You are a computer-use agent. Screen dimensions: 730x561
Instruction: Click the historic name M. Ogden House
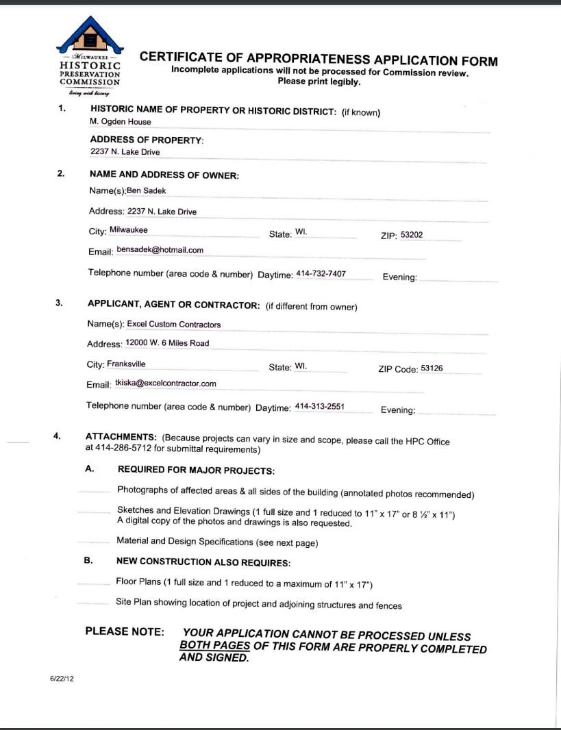click(x=121, y=122)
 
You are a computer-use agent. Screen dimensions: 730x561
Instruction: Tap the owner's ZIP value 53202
click(x=412, y=235)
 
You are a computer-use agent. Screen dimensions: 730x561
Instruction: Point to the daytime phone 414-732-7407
click(x=321, y=274)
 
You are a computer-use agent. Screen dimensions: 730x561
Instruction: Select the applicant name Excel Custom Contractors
click(x=174, y=324)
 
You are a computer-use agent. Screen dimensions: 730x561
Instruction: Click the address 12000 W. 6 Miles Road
click(x=167, y=342)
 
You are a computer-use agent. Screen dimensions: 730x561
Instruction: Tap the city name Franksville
click(x=126, y=364)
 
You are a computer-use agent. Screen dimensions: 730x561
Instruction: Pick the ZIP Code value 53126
click(x=432, y=368)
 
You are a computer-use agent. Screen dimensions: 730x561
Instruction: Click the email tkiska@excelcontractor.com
click(x=166, y=383)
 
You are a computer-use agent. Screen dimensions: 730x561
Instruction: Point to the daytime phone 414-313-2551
click(x=319, y=407)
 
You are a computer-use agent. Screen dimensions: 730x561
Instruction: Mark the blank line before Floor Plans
click(x=93, y=584)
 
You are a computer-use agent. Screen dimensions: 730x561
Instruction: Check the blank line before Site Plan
click(x=93, y=604)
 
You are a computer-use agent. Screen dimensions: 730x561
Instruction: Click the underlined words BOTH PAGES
click(x=214, y=646)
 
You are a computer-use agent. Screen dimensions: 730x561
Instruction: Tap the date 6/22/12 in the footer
click(x=61, y=678)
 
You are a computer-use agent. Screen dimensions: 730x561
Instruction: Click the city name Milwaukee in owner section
click(x=128, y=230)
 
